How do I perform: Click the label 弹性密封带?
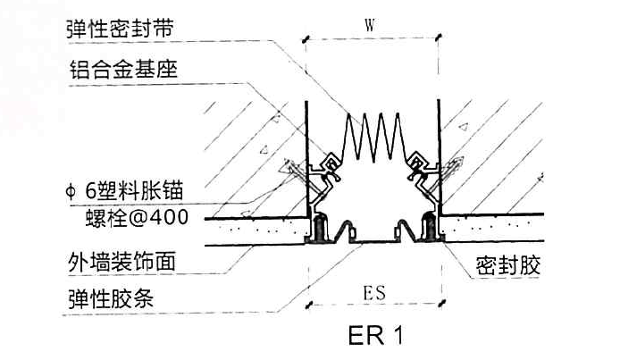pyautogui.click(x=120, y=29)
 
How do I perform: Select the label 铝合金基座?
pyautogui.click(x=123, y=70)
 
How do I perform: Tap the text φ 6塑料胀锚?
pyautogui.click(x=124, y=190)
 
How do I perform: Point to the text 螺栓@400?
pyautogui.click(x=137, y=217)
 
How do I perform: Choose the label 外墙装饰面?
pyautogui.click(x=121, y=261)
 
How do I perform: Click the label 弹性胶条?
pyautogui.click(x=111, y=298)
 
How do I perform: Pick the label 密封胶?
pyautogui.click(x=507, y=265)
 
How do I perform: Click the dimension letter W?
pyautogui.click(x=370, y=25)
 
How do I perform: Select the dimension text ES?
pyautogui.click(x=374, y=293)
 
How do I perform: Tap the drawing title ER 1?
pyautogui.click(x=376, y=336)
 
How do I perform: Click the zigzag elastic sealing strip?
pyautogui.click(x=373, y=138)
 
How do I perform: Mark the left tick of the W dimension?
pyautogui.click(x=306, y=39)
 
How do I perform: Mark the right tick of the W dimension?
pyautogui.click(x=438, y=38)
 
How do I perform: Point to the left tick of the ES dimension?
pyautogui.click(x=309, y=305)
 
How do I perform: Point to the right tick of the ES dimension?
pyautogui.click(x=442, y=303)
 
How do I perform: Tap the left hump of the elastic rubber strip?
pyautogui.click(x=346, y=230)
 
